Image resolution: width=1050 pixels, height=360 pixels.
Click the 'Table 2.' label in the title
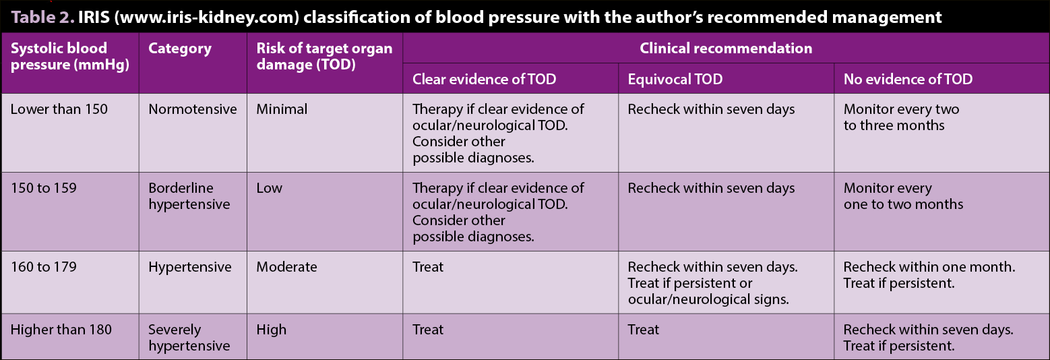[x=42, y=18]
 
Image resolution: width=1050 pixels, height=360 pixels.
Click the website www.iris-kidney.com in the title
[x=207, y=18]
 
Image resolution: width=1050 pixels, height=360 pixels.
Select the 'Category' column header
[x=180, y=49]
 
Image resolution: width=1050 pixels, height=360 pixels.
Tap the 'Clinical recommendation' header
[x=726, y=49]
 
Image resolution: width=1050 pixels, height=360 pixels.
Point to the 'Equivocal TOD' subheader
[x=675, y=80]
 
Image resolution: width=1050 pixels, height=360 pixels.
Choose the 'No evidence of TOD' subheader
[x=908, y=80]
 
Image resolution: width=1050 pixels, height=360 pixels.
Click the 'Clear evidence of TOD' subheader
[x=484, y=80]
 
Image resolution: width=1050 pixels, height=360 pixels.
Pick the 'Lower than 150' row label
[x=59, y=109]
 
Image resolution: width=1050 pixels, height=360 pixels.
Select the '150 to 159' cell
[x=44, y=188]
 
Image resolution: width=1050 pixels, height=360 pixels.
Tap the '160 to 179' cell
[x=44, y=267]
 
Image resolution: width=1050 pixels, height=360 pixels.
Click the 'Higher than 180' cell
[x=61, y=330]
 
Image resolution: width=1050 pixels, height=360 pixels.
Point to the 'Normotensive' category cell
[x=193, y=109]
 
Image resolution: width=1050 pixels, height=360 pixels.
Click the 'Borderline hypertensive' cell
[x=189, y=196]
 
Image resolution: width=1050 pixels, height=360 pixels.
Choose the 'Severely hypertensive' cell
[x=189, y=338]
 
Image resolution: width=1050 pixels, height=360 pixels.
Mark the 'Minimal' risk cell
[x=282, y=109]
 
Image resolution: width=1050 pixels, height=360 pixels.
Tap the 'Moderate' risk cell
[x=286, y=267]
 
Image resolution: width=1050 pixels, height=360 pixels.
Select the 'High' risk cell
[x=272, y=330]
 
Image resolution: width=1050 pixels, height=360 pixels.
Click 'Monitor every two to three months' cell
[x=902, y=117]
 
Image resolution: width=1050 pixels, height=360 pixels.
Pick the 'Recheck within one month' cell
[x=929, y=274]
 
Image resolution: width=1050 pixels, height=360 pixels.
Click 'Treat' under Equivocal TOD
[x=643, y=330]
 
